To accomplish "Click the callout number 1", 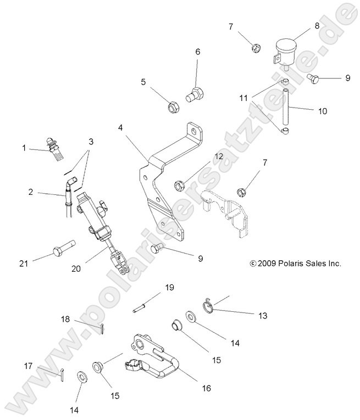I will click(x=24, y=148).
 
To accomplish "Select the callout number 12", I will click(x=219, y=156).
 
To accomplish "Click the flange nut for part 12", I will click(x=179, y=183).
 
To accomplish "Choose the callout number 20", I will click(x=77, y=269).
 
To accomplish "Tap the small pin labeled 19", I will click(x=141, y=307).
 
